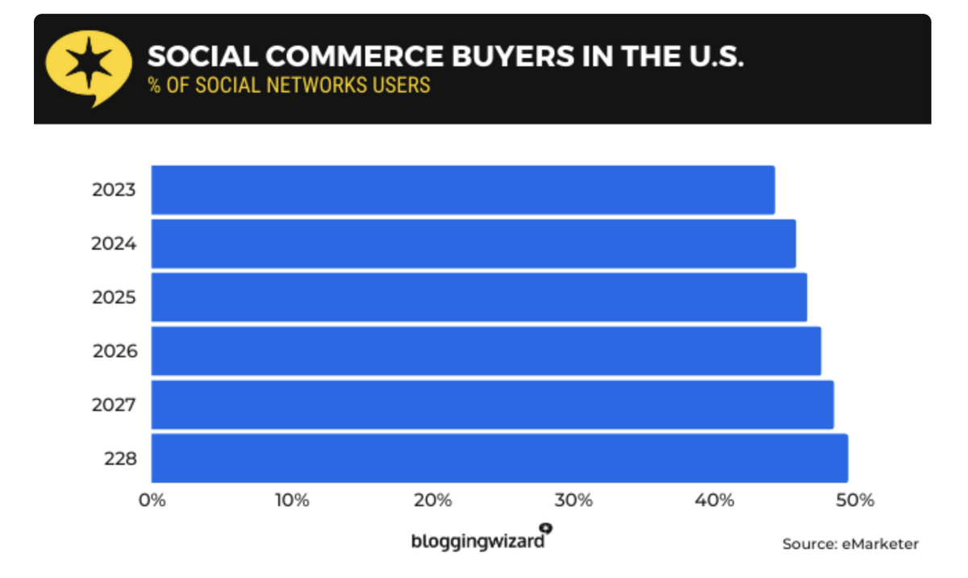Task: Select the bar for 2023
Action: point(463,190)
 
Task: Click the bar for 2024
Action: point(474,243)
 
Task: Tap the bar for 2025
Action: point(479,297)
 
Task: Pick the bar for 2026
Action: point(486,351)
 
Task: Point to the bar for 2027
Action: point(493,405)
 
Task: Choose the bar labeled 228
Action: point(499,458)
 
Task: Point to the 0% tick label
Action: point(152,501)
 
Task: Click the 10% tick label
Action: point(292,501)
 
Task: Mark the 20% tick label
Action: point(433,501)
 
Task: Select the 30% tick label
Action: point(574,501)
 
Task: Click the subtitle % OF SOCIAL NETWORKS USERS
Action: point(289,85)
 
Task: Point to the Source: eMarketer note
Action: point(850,544)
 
